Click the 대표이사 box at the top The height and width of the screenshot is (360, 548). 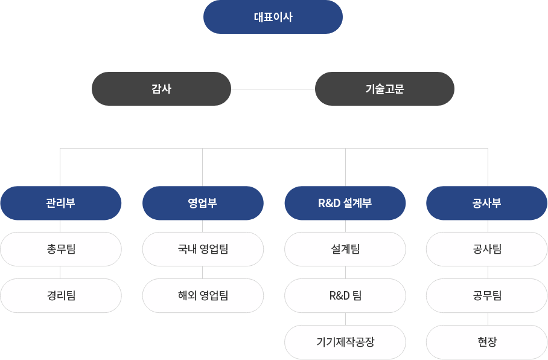coord(273,17)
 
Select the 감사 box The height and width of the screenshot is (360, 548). coord(161,89)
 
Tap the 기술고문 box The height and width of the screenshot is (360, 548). coord(384,89)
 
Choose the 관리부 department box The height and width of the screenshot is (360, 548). coord(60,203)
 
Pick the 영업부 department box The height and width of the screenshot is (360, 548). coord(203,203)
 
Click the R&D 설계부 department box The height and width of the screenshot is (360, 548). coord(345,203)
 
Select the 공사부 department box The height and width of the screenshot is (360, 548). coord(487,203)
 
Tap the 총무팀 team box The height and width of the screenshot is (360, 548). coord(60,249)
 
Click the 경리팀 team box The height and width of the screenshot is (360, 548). coord(60,295)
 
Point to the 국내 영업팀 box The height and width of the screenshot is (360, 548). coord(203,249)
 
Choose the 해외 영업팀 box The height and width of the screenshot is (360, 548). coord(203,295)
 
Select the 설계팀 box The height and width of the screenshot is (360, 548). coord(345,249)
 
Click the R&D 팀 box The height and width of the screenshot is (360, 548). coord(345,295)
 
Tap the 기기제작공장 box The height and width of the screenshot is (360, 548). coord(345,342)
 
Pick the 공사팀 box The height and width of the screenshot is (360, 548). coord(487,249)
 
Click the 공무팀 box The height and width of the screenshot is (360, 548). coord(487,295)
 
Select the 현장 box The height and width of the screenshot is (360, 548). coord(487,342)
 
